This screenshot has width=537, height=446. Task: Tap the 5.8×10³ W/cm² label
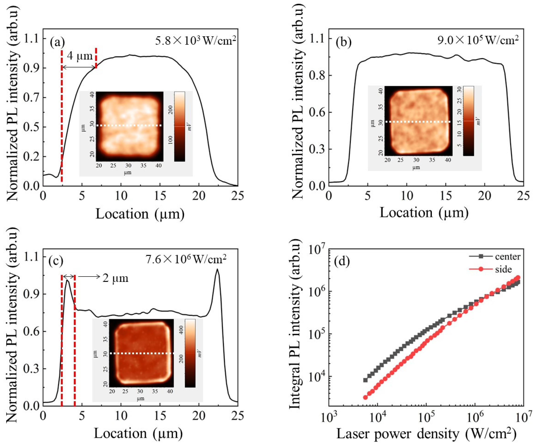coord(195,40)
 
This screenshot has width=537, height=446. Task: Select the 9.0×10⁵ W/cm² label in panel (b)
coord(478,40)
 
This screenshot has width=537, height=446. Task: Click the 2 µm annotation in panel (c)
coord(115,278)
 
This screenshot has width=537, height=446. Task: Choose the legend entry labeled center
coord(507,257)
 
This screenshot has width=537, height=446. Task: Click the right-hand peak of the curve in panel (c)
coord(217,269)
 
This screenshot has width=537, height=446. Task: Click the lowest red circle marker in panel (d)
coord(365,397)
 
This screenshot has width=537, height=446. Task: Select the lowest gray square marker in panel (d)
coord(365,380)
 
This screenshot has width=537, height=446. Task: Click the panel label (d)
coord(342,262)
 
